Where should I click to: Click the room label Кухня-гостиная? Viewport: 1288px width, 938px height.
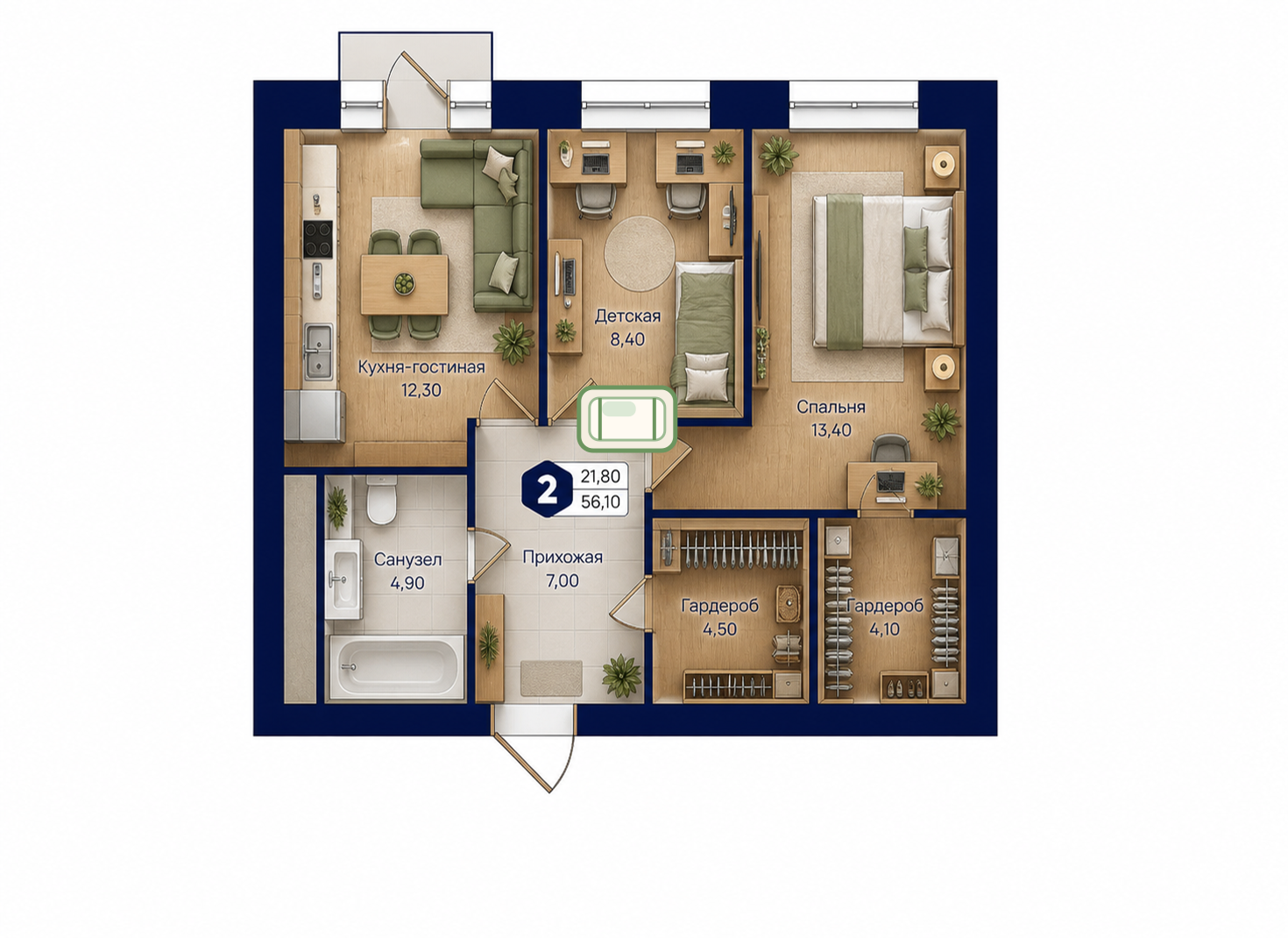(x=421, y=367)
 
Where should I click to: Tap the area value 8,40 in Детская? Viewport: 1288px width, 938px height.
(x=627, y=339)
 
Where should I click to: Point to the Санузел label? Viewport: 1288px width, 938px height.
(x=407, y=559)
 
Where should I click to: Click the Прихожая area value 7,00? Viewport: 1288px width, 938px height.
(x=563, y=580)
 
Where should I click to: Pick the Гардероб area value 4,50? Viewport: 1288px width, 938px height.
(x=719, y=629)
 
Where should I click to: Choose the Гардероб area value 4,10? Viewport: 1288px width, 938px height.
(x=884, y=629)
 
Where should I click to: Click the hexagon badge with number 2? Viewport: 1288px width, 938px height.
(x=547, y=491)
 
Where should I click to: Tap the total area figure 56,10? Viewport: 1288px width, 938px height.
(x=600, y=502)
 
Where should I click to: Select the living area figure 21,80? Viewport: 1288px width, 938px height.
(x=600, y=477)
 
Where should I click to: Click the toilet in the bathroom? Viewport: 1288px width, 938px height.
(x=381, y=500)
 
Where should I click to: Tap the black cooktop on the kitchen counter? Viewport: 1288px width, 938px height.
(x=317, y=238)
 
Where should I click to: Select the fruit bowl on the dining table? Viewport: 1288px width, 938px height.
(x=404, y=284)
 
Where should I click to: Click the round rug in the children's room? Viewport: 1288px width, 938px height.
(x=640, y=253)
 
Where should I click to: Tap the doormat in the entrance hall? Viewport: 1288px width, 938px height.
(x=551, y=678)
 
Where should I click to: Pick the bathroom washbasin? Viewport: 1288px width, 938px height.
(x=343, y=579)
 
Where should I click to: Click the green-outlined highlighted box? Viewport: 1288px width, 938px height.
(x=626, y=418)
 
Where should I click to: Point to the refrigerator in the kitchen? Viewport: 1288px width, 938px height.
(x=315, y=416)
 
